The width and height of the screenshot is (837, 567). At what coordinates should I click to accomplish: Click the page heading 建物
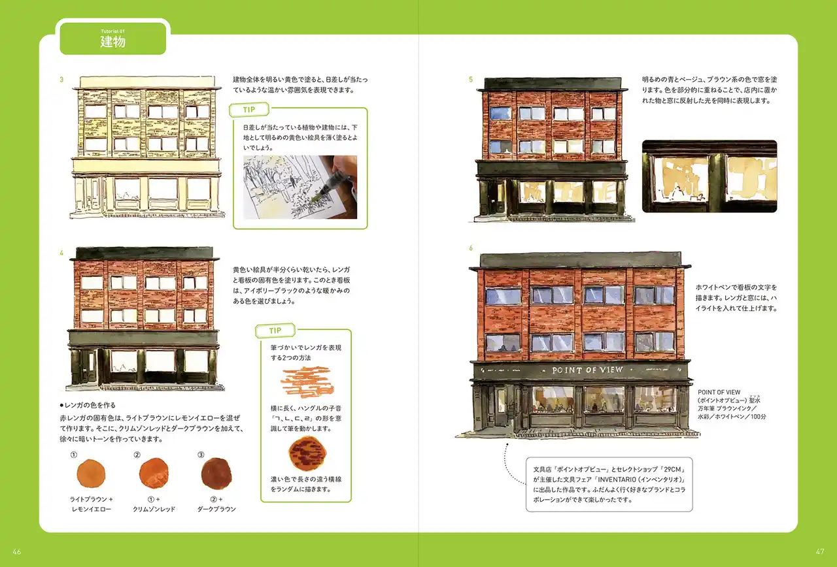click(x=112, y=41)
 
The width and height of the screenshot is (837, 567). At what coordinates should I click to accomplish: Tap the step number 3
click(x=61, y=80)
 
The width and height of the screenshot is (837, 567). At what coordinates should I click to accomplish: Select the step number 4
click(x=61, y=253)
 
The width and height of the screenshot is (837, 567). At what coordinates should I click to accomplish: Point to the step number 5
click(x=471, y=80)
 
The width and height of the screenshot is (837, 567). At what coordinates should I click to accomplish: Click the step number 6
click(x=471, y=248)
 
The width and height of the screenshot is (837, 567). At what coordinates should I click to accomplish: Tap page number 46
click(x=17, y=552)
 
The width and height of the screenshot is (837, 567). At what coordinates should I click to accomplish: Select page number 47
click(x=820, y=551)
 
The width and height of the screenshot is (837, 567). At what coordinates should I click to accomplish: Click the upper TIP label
click(x=249, y=110)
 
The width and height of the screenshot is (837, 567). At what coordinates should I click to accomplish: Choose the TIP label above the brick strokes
click(x=275, y=331)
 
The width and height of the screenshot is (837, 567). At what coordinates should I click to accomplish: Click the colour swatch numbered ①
click(x=91, y=474)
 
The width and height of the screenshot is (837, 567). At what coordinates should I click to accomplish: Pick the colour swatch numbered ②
click(x=154, y=473)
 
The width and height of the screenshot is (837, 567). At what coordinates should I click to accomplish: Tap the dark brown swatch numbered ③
click(x=216, y=474)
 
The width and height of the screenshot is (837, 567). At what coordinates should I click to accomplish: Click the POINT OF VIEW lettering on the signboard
click(x=588, y=370)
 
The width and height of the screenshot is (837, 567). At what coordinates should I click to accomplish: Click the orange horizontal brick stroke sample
click(x=307, y=382)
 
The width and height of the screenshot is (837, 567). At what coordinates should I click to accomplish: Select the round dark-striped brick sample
click(x=307, y=453)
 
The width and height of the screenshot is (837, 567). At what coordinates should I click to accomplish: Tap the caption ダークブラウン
click(x=216, y=509)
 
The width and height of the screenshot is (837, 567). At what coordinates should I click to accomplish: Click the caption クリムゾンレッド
click(x=154, y=509)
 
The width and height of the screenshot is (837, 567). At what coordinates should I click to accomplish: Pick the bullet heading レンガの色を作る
click(x=88, y=405)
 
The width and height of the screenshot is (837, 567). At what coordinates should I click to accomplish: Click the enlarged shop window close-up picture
click(x=709, y=176)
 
